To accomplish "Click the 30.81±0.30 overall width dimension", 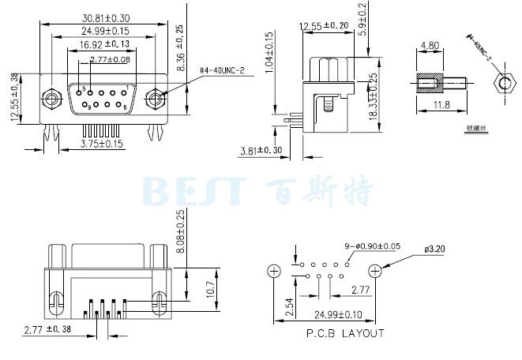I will pyautogui.click(x=105, y=17).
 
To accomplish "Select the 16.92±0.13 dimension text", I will pyautogui.click(x=105, y=44).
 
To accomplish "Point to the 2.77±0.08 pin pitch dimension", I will pyautogui.click(x=111, y=59).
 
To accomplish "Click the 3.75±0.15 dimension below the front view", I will pyautogui.click(x=103, y=144).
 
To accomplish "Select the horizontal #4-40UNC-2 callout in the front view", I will pyautogui.click(x=222, y=71).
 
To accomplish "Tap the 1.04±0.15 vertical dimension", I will pyautogui.click(x=269, y=52).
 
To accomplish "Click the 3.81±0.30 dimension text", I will pyautogui.click(x=261, y=150).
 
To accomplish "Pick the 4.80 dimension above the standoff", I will pyautogui.click(x=431, y=46).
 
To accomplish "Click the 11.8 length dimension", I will pyautogui.click(x=441, y=104).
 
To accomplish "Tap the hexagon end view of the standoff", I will pyautogui.click(x=502, y=83).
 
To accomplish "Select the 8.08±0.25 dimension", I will pyautogui.click(x=181, y=231).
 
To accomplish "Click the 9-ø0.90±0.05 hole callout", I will pyautogui.click(x=373, y=246).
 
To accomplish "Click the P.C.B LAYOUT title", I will pyautogui.click(x=345, y=333).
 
